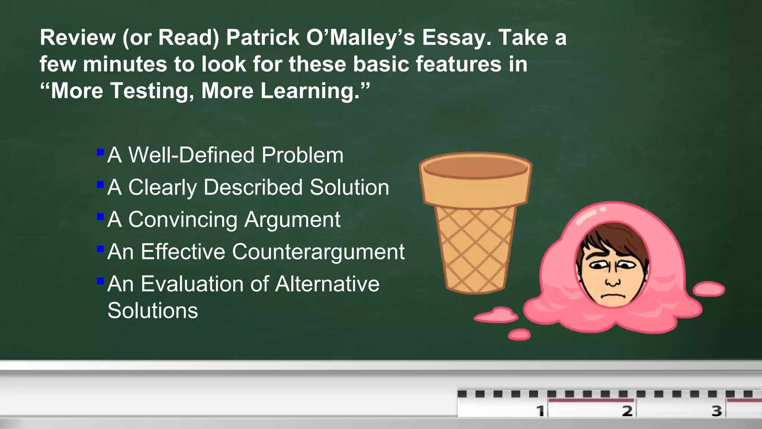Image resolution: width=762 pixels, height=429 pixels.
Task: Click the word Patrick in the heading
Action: pyautogui.click(x=263, y=38)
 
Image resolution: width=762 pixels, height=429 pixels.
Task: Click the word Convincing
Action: pyautogui.click(x=183, y=219)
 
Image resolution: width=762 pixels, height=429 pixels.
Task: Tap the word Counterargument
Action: pyautogui.click(x=318, y=252)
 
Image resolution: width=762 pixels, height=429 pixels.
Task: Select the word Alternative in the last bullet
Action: pyautogui.click(x=327, y=284)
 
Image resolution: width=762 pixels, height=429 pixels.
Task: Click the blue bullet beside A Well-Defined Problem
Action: pyautogui.click(x=100, y=152)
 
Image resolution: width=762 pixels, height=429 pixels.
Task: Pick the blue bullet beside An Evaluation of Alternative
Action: pyautogui.click(x=100, y=281)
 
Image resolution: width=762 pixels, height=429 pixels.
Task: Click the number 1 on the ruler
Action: pyautogui.click(x=540, y=411)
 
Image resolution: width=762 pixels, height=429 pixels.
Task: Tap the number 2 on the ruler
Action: pyautogui.click(x=627, y=411)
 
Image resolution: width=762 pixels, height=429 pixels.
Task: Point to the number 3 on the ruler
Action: pyautogui.click(x=717, y=411)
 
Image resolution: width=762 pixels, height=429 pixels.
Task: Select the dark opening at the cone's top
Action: pyautogui.click(x=476, y=166)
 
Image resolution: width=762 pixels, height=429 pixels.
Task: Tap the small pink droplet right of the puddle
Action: pyautogui.click(x=709, y=289)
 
